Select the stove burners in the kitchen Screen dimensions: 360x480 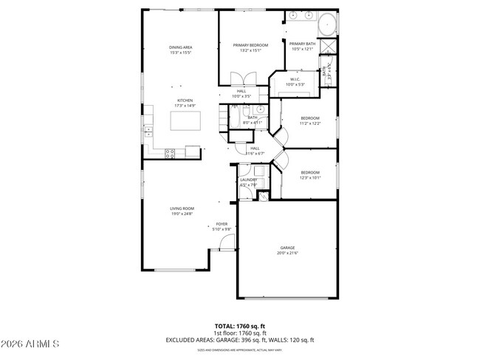coord(171,154)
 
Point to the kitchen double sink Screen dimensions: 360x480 coord(148,131)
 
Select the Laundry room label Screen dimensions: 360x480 coord(248,180)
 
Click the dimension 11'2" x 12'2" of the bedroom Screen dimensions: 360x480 coord(309,123)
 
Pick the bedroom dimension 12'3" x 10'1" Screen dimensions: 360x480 coord(309,177)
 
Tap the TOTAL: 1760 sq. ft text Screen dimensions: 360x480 coord(239,325)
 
